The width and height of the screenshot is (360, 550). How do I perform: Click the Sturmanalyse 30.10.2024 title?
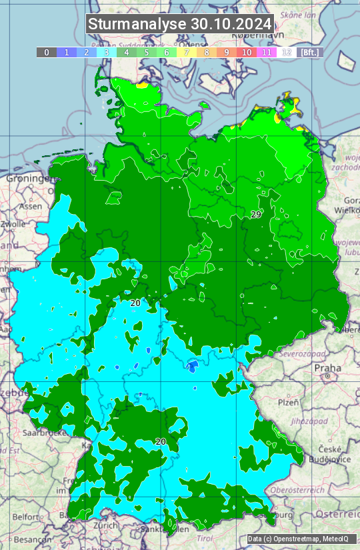pos(180,24)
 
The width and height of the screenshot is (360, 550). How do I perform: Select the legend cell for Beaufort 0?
pos(47,52)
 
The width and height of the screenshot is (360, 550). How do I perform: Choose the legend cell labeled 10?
pos(247,52)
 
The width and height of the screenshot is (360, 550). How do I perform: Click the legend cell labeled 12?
pos(287,52)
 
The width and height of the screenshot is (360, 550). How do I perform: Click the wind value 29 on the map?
pos(256,214)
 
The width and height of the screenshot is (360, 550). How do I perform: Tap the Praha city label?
pos(328,368)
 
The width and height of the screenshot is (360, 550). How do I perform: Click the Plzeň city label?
pos(288,403)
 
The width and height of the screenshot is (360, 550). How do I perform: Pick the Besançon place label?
pos(29,539)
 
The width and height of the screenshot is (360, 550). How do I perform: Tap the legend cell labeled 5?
pos(147,52)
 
